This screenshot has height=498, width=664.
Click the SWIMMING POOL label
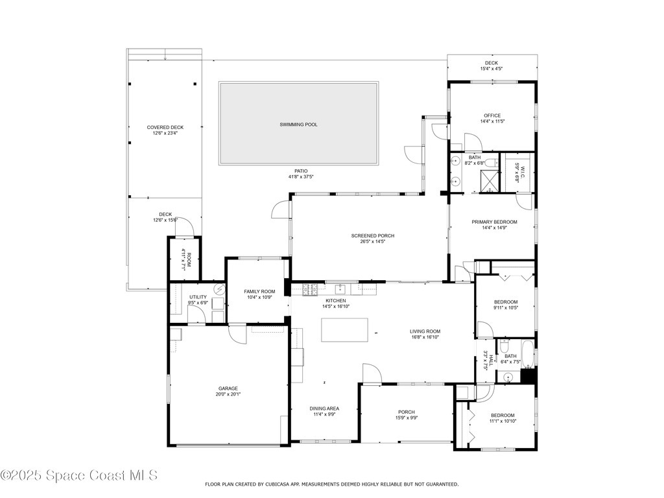[298, 124]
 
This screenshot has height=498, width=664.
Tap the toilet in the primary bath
[492, 163]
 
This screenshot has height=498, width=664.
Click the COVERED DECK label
[165, 127]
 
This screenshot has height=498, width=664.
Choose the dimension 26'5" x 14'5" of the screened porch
[372, 242]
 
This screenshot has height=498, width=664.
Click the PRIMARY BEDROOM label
[493, 222]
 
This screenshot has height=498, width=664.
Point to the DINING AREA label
[324, 408]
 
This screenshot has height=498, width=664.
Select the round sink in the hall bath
[508, 376]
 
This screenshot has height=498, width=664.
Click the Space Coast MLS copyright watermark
[79, 476]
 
